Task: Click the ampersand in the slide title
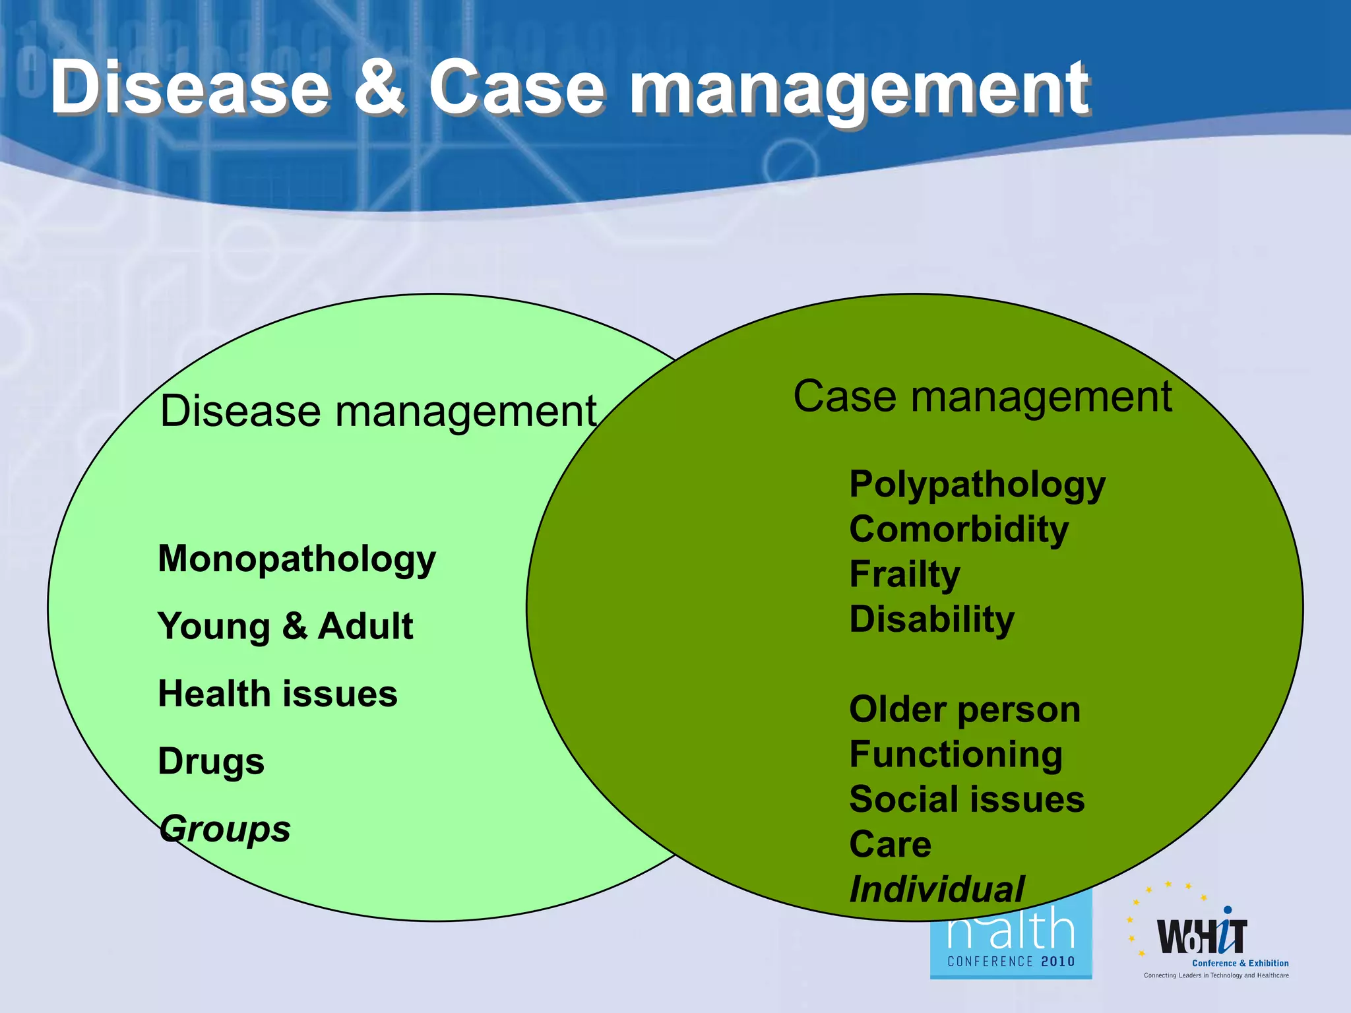pyautogui.click(x=380, y=89)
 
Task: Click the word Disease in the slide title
pyautogui.click(x=190, y=89)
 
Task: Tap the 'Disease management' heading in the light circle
pyautogui.click(x=378, y=412)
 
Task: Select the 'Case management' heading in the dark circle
pyautogui.click(x=982, y=397)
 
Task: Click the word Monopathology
pyautogui.click(x=297, y=560)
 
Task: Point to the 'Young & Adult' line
pyautogui.click(x=285, y=627)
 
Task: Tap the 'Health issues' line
pyautogui.click(x=278, y=694)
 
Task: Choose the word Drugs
pyautogui.click(x=211, y=762)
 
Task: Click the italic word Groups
pyautogui.click(x=225, y=829)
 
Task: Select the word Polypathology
pyautogui.click(x=977, y=485)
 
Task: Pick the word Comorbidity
pyautogui.click(x=958, y=530)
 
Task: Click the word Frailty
pyautogui.click(x=904, y=574)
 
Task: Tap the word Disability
pyautogui.click(x=931, y=619)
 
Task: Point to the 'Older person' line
pyautogui.click(x=964, y=710)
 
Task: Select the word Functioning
pyautogui.click(x=956, y=754)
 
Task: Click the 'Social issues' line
pyautogui.click(x=966, y=799)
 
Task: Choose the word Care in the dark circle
pyautogui.click(x=890, y=844)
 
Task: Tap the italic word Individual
pyautogui.click(x=937, y=889)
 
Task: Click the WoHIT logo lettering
pyautogui.click(x=1202, y=936)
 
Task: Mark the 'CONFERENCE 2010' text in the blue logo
pyautogui.click(x=1011, y=962)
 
